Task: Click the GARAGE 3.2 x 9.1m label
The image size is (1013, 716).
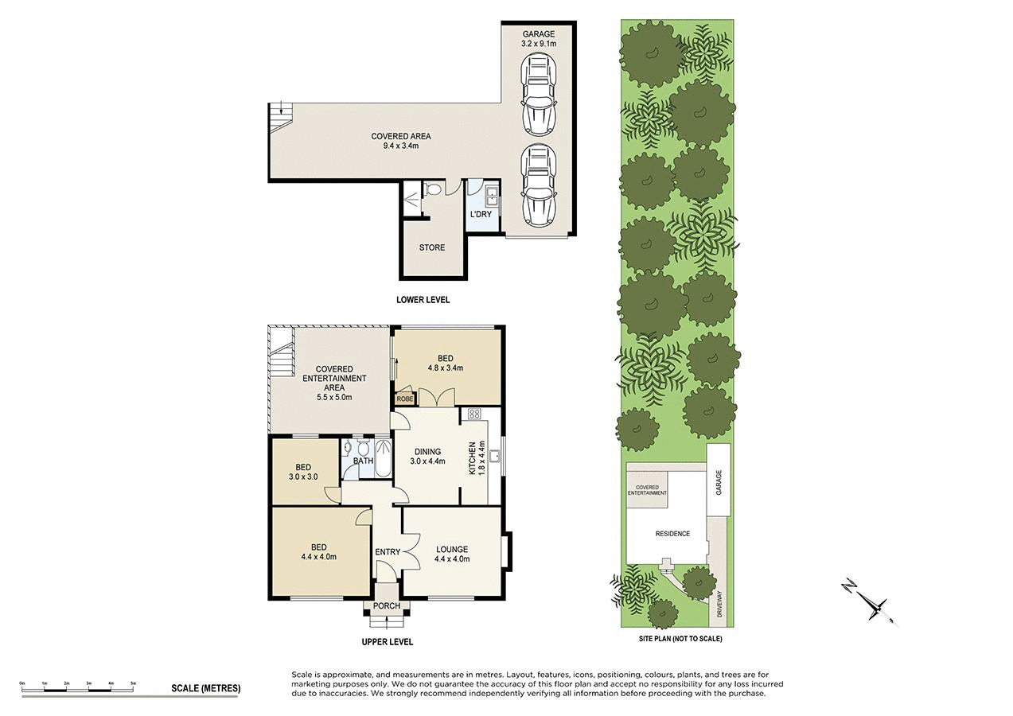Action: [538, 39]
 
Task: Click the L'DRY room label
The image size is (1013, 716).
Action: [481, 215]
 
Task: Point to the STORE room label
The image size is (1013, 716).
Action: [432, 247]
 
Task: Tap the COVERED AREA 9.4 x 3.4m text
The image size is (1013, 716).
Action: [400, 141]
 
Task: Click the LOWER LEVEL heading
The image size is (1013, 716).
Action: [423, 300]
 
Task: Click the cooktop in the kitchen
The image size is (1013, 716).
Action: [475, 413]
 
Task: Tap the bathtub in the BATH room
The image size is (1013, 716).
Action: [382, 459]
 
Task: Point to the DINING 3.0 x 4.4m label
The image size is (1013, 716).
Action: [427, 456]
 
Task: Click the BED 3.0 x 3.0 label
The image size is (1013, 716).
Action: [303, 472]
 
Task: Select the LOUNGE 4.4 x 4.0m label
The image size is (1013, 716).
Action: [452, 554]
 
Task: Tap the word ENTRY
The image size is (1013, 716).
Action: [388, 552]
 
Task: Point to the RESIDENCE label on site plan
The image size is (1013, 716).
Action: [672, 534]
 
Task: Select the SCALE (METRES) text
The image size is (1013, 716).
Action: [205, 688]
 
